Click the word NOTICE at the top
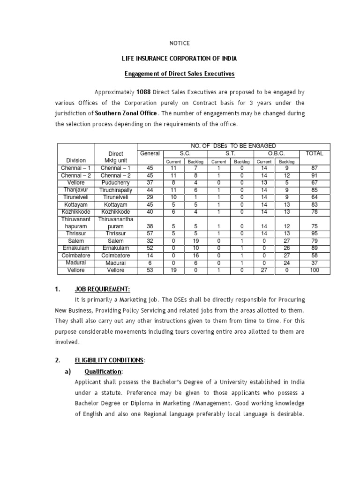(180, 43)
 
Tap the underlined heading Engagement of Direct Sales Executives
(180, 74)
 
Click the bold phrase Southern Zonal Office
(126, 113)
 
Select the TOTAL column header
(315, 154)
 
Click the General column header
(150, 154)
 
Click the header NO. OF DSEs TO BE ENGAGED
(233, 146)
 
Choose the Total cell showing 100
(315, 270)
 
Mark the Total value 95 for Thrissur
(315, 233)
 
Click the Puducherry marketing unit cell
(116, 183)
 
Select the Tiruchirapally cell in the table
(116, 190)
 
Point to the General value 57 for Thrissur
(150, 233)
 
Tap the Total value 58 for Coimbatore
(315, 255)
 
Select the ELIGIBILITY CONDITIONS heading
(109, 360)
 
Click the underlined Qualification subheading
(103, 372)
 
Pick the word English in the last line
(95, 414)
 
